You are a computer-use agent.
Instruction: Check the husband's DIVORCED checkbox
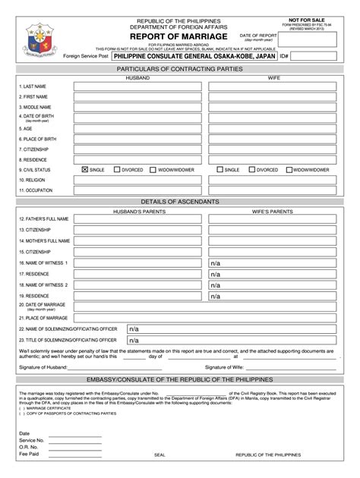click(116, 170)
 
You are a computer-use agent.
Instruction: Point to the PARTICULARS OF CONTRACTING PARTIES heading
click(180, 69)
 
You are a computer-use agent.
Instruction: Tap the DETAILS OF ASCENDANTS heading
click(180, 201)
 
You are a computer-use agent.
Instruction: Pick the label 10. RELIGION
click(33, 181)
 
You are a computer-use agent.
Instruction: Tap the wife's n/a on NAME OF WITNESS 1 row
click(216, 263)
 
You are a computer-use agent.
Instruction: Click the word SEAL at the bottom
click(159, 454)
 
